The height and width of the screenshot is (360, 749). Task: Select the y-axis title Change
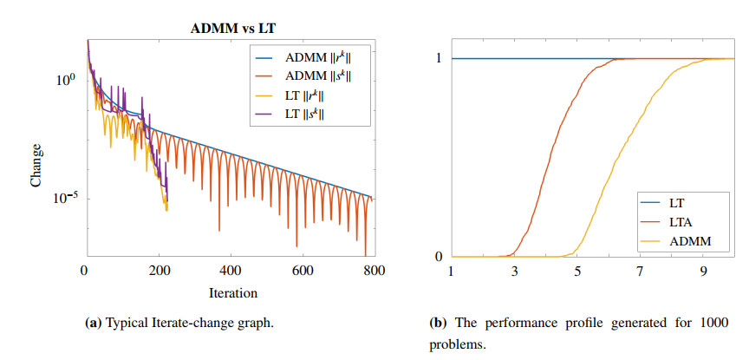[x=36, y=169]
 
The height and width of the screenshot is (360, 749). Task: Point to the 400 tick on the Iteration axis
[x=230, y=271]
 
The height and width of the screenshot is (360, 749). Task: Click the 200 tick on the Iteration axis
[x=157, y=271]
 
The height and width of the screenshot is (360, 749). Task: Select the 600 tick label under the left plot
[x=303, y=271]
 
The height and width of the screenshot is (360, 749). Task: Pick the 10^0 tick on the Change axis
[x=66, y=80]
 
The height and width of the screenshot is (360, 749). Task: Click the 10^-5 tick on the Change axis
[x=64, y=199]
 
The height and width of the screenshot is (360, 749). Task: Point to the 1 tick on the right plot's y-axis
[x=440, y=58]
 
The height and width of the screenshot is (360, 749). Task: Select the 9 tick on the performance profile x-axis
[x=703, y=271]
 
